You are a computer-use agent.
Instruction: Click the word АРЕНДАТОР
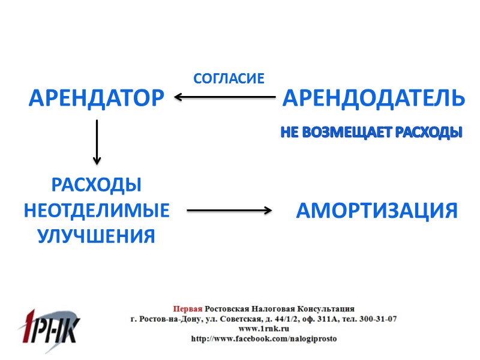[96, 97]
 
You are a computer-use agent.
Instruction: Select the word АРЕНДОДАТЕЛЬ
[373, 97]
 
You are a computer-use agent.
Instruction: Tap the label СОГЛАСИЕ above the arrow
[229, 78]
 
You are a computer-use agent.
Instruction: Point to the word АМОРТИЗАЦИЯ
[377, 211]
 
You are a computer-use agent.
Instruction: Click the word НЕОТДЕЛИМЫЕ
[96, 211]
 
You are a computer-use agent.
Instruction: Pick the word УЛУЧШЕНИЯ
[96, 236]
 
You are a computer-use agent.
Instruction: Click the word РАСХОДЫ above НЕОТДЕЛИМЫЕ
[96, 185]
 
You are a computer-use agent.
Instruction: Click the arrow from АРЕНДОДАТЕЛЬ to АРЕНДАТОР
[225, 97]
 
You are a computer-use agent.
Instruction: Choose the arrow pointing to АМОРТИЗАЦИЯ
[229, 210]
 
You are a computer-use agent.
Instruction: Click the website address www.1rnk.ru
[264, 329]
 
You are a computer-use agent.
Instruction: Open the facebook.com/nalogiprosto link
[264, 338]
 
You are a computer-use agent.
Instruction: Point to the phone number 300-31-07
[376, 319]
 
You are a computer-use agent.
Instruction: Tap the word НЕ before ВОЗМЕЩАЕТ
[289, 133]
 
